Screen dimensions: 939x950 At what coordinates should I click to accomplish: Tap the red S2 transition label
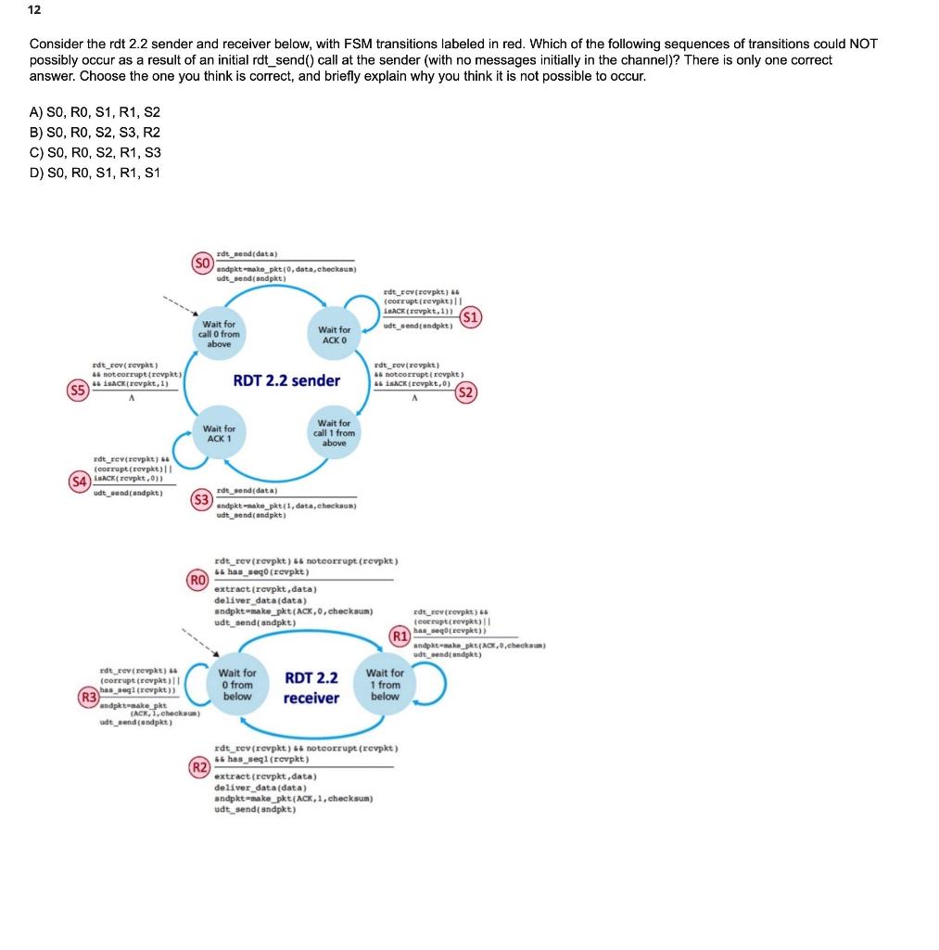466,392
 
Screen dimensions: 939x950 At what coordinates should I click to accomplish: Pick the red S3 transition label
200,500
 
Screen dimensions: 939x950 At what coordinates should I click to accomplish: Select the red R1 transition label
400,637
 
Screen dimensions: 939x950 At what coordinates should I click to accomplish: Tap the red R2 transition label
198,766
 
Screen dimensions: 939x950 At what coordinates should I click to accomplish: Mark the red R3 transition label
88,696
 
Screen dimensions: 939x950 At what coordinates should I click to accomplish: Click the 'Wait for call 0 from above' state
219,334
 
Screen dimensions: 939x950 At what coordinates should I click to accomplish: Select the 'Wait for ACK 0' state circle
334,334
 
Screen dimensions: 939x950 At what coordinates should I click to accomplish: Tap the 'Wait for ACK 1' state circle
219,434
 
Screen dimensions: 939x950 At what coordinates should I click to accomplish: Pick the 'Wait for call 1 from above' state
334,433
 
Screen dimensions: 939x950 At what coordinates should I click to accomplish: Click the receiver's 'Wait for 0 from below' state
237,685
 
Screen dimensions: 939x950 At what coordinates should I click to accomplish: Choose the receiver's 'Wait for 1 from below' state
385,685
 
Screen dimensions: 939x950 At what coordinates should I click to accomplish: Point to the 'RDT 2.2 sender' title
286,380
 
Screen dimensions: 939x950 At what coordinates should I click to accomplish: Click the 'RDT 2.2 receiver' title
311,687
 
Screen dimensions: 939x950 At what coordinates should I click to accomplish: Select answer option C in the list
95,152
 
